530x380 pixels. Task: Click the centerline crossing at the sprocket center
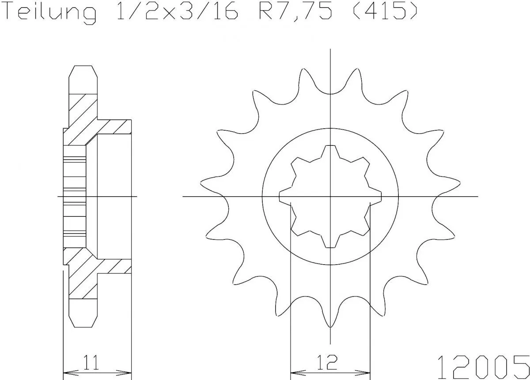click(330, 196)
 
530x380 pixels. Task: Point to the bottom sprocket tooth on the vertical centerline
click(330, 325)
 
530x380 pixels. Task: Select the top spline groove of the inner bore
click(330, 148)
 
